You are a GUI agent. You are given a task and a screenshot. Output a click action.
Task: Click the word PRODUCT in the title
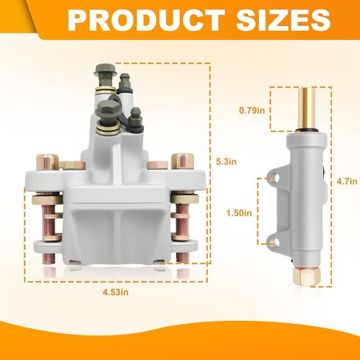(x=146, y=20)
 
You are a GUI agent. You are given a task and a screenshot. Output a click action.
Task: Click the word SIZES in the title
(x=283, y=20)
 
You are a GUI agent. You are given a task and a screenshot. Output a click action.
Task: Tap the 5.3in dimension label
(x=226, y=162)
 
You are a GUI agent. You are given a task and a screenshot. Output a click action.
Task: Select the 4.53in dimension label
(x=116, y=292)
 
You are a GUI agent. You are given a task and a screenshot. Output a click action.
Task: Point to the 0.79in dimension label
(x=252, y=111)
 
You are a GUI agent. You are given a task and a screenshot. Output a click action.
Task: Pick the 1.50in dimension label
(x=239, y=213)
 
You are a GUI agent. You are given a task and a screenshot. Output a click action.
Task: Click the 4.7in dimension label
(x=347, y=181)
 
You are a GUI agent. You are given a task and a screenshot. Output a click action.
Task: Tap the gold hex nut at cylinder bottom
(x=307, y=276)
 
